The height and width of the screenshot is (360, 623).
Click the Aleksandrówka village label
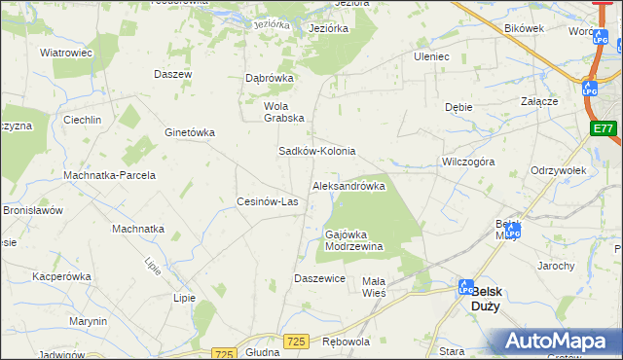[x=348, y=185]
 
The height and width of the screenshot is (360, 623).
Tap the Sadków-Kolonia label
[x=317, y=152]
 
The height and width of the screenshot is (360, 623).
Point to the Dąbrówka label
[x=269, y=79]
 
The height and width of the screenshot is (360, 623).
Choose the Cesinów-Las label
[x=268, y=201]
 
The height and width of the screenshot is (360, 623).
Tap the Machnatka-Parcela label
[x=109, y=175]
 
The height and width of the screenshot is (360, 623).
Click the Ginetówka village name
[x=190, y=132]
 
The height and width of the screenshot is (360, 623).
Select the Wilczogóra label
[x=468, y=162]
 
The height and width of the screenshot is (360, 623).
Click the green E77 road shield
[x=604, y=128]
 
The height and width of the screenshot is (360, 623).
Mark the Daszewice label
[x=320, y=278]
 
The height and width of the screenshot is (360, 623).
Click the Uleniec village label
[x=431, y=56]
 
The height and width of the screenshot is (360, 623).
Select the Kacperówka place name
[x=61, y=276]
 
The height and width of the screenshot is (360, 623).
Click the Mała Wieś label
[x=374, y=286]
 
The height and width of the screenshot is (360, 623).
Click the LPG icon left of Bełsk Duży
[x=466, y=287]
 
